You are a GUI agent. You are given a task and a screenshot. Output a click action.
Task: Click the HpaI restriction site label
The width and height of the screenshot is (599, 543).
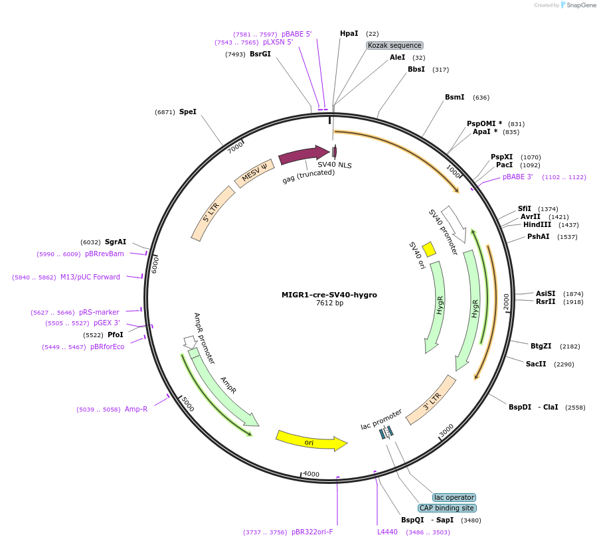[349, 34]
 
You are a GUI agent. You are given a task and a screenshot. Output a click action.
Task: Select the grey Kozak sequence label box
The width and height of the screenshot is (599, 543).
[394, 45]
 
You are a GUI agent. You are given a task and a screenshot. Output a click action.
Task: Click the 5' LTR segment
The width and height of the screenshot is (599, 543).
[213, 214]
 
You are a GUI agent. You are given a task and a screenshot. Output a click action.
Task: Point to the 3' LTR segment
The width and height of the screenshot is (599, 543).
[431, 400]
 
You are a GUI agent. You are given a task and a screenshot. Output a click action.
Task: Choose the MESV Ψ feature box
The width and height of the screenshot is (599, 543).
[254, 173]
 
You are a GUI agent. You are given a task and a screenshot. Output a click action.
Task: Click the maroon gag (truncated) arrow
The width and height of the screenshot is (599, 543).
[304, 155]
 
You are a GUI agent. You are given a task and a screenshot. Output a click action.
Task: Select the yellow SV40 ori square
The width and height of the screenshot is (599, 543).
[428, 249]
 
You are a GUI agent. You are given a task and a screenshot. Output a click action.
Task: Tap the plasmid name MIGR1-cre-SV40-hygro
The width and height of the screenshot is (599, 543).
[329, 295]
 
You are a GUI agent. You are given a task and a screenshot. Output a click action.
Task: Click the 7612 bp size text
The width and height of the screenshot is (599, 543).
[329, 303]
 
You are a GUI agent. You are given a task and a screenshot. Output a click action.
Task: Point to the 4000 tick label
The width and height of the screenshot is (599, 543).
[311, 474]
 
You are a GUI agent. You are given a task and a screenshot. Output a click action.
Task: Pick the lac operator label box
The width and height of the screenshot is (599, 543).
[454, 498]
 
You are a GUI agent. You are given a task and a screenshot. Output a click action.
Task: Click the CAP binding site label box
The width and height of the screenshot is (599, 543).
[447, 508]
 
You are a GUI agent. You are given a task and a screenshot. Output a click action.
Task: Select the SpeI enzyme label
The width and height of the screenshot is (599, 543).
[187, 112]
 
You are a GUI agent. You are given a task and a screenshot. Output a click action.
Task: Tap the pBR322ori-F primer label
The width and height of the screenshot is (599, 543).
[312, 532]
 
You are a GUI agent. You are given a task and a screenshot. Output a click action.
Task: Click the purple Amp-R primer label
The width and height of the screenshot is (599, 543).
[136, 410]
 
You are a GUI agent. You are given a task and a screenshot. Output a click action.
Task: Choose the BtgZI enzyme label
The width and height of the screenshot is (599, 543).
[541, 346]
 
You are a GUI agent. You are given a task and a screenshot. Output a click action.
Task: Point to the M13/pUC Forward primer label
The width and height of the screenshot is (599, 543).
[90, 277]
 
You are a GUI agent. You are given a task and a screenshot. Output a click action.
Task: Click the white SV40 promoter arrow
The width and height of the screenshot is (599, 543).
[455, 224]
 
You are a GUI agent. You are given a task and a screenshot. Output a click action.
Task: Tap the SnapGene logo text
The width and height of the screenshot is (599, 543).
[581, 5]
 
